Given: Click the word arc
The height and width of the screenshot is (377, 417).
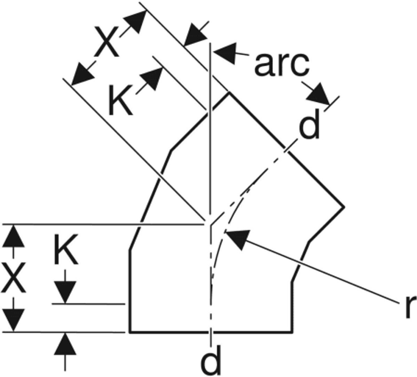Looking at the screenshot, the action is [282, 65].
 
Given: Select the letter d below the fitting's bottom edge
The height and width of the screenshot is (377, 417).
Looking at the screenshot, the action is [211, 360].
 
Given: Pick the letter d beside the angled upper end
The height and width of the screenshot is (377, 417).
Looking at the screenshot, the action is [309, 124].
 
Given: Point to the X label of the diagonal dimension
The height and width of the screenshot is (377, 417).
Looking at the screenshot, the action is [107, 42].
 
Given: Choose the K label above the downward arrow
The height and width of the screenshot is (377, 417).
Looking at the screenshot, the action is [66, 249].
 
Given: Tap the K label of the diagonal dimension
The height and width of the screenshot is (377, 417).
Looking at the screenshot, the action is [120, 101].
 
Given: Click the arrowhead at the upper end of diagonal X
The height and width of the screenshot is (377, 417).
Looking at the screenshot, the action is [136, 22].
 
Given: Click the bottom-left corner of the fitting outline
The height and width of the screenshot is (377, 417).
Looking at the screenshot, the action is [130, 332].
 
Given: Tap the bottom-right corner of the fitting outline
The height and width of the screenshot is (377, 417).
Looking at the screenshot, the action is [293, 332].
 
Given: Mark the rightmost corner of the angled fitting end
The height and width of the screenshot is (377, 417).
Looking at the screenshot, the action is [344, 206].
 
